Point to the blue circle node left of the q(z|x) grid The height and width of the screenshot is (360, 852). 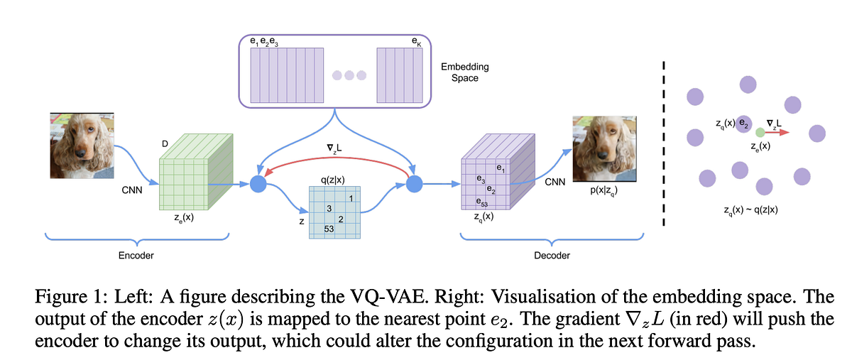[x=258, y=185]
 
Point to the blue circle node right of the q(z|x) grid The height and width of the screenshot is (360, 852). [x=413, y=185]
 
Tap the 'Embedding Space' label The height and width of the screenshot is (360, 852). [x=464, y=72]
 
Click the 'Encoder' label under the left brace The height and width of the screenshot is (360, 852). [x=137, y=255]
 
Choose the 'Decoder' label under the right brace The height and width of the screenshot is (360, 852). [x=552, y=255]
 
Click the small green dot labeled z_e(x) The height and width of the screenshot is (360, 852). [x=760, y=132]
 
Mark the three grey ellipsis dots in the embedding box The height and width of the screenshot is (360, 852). [x=349, y=75]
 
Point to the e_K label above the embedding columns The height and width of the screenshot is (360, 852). [x=416, y=43]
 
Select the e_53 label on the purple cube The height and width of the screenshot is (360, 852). [x=481, y=203]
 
